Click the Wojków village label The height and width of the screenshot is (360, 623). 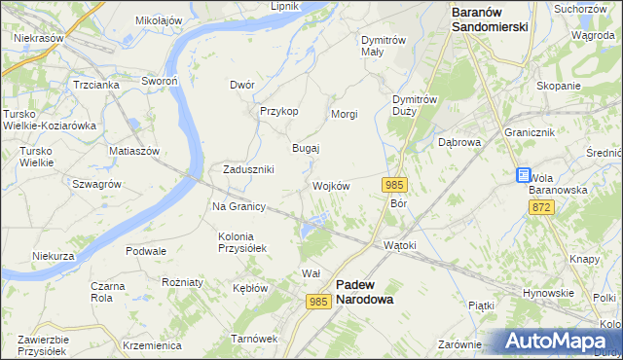click(331, 186)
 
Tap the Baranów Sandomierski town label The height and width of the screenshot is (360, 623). click(490, 19)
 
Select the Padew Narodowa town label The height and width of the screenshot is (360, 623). click(364, 292)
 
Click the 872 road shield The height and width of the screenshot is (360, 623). click(542, 208)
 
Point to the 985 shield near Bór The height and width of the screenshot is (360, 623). click(394, 185)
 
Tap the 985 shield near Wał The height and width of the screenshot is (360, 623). click(318, 302)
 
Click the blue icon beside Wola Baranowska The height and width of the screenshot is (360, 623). click(523, 175)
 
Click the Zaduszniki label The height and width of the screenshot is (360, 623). click(248, 168)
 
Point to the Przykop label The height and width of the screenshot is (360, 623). click(278, 111)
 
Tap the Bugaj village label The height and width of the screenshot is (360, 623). click(307, 148)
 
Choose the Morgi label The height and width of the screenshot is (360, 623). click(345, 114)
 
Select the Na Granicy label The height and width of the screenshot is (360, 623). click(239, 206)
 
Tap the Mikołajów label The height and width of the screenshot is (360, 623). click(159, 19)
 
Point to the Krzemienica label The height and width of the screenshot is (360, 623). click(153, 345)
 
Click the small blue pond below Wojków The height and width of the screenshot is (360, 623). click(311, 230)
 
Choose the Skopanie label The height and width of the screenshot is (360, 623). click(558, 86)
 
